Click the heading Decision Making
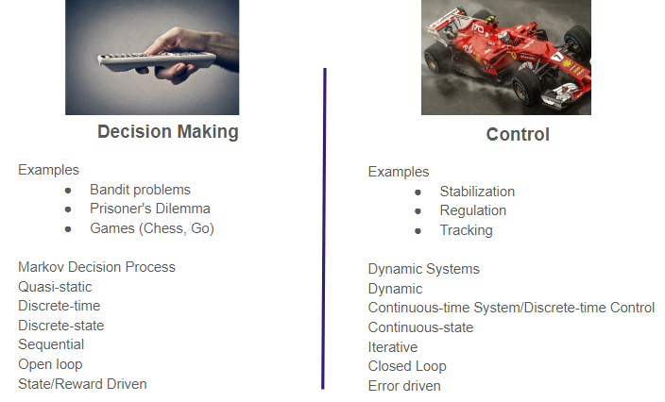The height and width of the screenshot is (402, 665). (168, 132)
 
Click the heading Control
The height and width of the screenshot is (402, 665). (518, 135)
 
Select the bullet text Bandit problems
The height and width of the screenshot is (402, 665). (140, 190)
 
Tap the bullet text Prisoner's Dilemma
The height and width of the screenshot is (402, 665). (149, 209)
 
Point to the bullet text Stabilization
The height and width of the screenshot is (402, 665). (477, 192)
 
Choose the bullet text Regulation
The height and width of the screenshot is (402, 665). (473, 210)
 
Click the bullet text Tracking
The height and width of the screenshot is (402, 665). (466, 230)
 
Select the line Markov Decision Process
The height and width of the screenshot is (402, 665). (96, 267)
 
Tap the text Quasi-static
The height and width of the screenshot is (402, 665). (55, 287)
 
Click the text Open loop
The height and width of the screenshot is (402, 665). (50, 364)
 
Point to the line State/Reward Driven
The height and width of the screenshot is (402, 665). (82, 384)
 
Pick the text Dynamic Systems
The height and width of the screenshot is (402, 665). (424, 269)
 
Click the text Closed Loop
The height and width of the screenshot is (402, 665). (407, 366)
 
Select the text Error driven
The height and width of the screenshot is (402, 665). (404, 386)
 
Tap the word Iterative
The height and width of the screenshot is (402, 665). (393, 347)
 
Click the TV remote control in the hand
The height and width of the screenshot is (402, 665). (157, 60)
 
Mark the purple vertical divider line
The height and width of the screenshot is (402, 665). (324, 228)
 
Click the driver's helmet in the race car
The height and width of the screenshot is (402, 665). (504, 37)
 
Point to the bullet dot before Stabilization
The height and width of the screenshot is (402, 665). (418, 193)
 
